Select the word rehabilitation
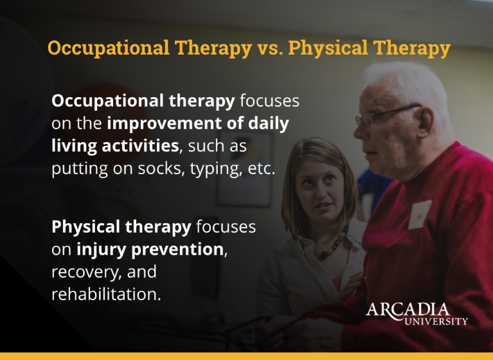click(105, 295)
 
